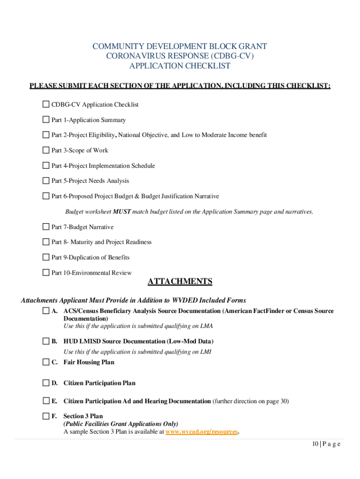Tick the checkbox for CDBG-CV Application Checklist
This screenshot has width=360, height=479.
pos(46,104)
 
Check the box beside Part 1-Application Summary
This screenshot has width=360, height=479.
pos(46,120)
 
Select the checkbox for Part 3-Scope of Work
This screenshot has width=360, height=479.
pos(46,150)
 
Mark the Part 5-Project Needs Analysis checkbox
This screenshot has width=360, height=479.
pos(46,181)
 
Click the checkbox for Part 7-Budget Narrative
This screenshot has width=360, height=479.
pos(46,227)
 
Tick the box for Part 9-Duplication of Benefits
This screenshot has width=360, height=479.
pos(46,257)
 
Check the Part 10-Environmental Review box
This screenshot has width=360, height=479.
pos(46,272)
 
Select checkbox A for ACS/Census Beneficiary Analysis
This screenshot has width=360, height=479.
pos(46,311)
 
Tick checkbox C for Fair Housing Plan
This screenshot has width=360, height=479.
pos(46,362)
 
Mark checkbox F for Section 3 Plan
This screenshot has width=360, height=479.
pos(46,416)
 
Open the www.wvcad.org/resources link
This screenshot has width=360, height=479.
pos(202,432)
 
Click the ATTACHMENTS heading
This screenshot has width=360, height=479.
pos(180,282)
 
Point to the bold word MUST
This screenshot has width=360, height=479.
pos(122,211)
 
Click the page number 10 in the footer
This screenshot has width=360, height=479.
pos(302,444)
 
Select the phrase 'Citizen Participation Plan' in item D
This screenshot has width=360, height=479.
pos(99,383)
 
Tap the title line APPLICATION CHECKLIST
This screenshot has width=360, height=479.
pos(180,66)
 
